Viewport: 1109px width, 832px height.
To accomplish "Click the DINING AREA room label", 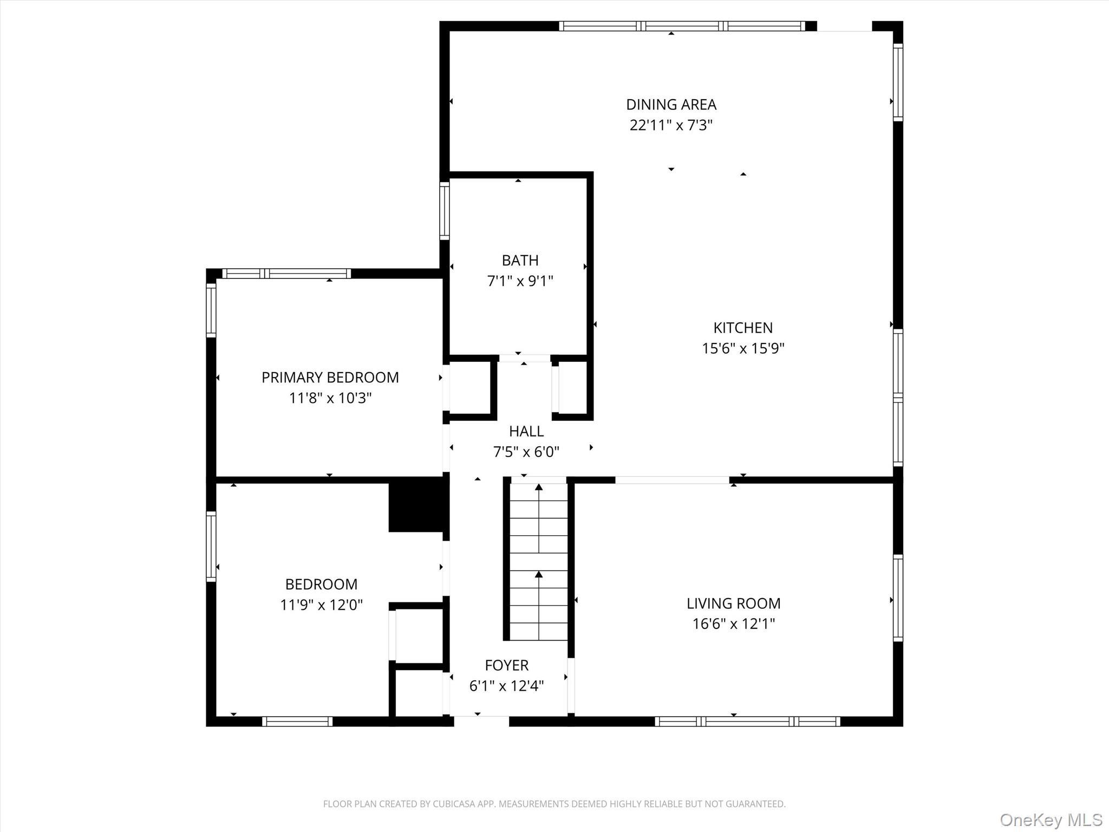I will tap(671, 105).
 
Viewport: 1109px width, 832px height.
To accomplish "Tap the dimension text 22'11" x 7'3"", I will tap(671, 126).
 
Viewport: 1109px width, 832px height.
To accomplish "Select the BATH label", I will tap(520, 261).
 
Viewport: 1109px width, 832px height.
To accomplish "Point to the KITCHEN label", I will tap(743, 328).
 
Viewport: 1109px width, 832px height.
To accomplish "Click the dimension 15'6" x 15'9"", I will tap(743, 348).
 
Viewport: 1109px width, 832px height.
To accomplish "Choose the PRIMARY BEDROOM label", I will tap(330, 378).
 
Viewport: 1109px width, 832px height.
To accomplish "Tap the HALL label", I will tap(526, 432).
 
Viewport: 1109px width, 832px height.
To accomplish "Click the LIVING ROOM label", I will tap(733, 603).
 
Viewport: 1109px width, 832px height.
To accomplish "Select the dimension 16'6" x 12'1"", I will tap(733, 624).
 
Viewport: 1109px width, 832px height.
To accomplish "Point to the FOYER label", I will tap(506, 665).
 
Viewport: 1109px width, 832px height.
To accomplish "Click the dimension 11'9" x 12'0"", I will tap(321, 605).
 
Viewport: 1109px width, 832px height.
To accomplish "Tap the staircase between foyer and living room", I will tap(538, 561).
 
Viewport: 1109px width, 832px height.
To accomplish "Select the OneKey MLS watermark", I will tap(1051, 820).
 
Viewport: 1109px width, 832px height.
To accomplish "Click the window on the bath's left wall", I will tap(444, 211).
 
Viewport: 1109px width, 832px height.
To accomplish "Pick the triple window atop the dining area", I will tap(682, 26).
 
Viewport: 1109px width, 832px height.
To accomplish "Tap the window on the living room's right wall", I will tap(898, 598).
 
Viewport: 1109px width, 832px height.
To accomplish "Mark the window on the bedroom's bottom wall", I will tap(297, 721).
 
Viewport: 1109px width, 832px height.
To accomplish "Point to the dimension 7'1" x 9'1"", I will tap(520, 281).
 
